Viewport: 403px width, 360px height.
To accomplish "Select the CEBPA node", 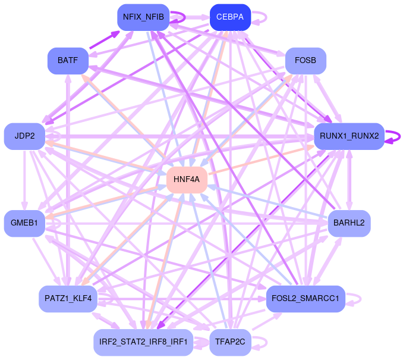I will click(230, 17).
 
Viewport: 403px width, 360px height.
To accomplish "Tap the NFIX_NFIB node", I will click(143, 17).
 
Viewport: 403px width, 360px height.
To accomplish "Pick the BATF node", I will click(68, 61).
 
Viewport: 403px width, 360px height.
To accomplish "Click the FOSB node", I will click(306, 61).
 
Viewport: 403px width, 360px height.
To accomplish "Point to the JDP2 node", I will click(24, 136).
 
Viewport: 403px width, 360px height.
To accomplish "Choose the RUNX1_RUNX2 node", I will click(349, 136).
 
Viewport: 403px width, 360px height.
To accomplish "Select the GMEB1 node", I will click(24, 223).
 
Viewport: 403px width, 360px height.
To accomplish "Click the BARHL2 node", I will click(349, 223).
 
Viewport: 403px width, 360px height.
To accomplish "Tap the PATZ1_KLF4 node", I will click(68, 298).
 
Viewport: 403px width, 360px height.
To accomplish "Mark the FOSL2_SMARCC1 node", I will click(306, 298).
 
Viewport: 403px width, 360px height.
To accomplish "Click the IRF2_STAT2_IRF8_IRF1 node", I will click(143, 342).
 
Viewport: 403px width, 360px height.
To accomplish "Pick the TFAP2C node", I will click(230, 342).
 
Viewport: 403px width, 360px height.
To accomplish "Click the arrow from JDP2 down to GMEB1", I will click(24, 179).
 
